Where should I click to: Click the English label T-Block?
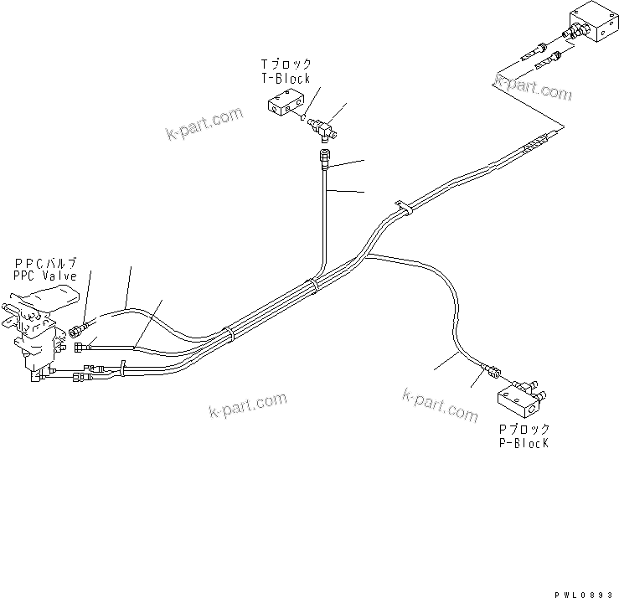click(x=285, y=79)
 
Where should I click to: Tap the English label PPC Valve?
click(x=44, y=276)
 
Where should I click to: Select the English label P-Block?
click(x=522, y=443)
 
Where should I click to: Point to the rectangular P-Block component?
click(x=519, y=399)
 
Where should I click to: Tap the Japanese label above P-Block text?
click(x=524, y=429)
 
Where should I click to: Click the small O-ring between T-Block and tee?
click(x=300, y=116)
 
